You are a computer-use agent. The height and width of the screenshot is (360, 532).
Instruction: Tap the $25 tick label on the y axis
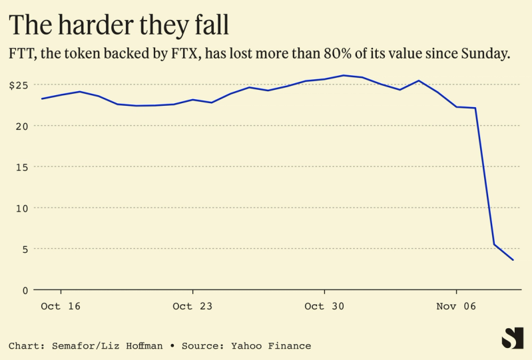tap(18, 85)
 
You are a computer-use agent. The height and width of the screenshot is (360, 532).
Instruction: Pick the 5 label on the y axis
tap(26, 249)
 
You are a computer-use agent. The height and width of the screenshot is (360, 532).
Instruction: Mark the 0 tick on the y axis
tap(26, 290)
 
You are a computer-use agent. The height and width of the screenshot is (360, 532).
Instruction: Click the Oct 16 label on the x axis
tap(61, 306)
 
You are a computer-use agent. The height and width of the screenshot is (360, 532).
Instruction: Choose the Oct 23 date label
tap(192, 306)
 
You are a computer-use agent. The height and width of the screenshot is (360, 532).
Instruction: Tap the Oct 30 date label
tap(324, 306)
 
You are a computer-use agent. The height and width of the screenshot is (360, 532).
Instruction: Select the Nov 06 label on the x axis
tap(456, 306)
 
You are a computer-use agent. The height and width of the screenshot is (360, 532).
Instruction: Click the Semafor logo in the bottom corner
tap(512, 338)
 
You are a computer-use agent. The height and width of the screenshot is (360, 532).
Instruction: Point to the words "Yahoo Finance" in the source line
tap(271, 346)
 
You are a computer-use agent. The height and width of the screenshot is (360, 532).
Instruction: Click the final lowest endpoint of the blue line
tap(513, 260)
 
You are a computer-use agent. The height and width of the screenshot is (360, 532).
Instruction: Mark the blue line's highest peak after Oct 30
tap(343, 75)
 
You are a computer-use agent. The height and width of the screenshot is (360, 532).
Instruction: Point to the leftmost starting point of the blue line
tap(41, 98)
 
